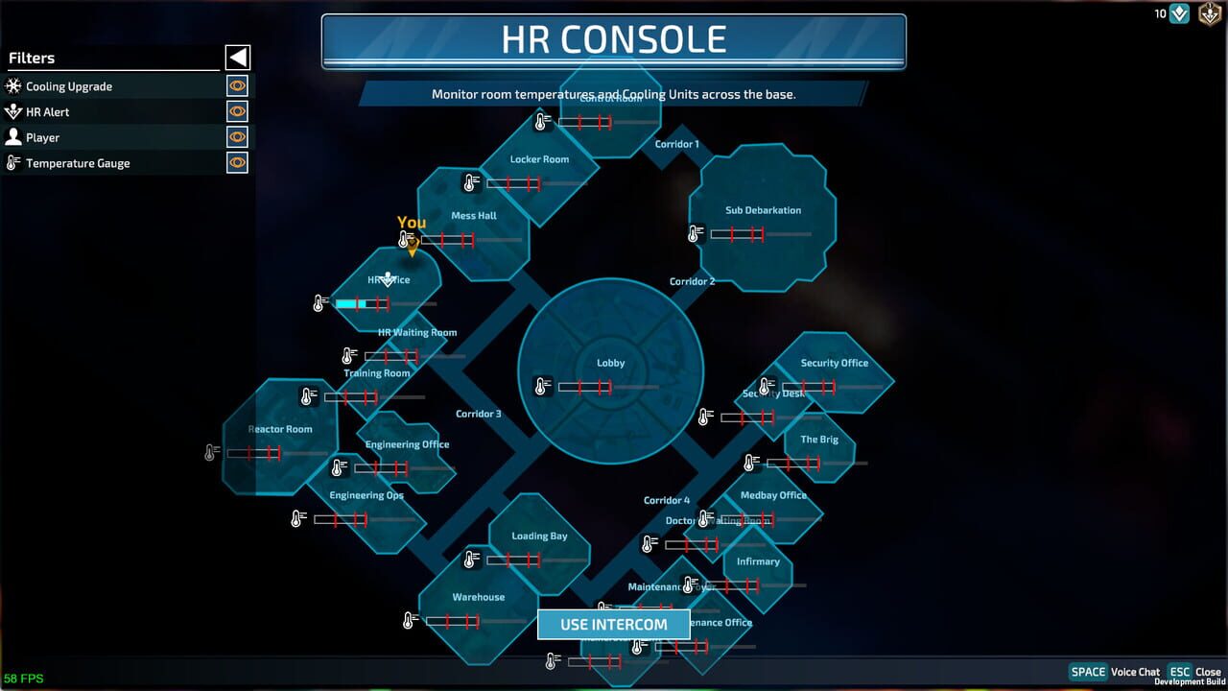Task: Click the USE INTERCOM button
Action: point(613,624)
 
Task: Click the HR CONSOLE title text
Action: point(614,39)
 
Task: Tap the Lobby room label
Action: point(611,363)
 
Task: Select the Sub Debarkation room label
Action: point(763,210)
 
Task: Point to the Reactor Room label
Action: point(280,429)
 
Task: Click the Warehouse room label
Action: point(478,597)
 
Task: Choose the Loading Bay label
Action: point(539,536)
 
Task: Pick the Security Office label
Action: point(834,363)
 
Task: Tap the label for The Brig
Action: point(819,440)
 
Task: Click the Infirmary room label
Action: point(758,561)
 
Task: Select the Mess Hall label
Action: point(474,216)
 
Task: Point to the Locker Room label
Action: point(539,159)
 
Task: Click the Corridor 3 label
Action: point(478,414)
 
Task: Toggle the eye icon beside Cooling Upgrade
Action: point(237,86)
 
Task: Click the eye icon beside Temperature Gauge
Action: point(237,163)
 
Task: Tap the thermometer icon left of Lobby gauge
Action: point(542,387)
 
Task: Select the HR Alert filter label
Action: point(48,112)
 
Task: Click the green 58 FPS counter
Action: point(24,679)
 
